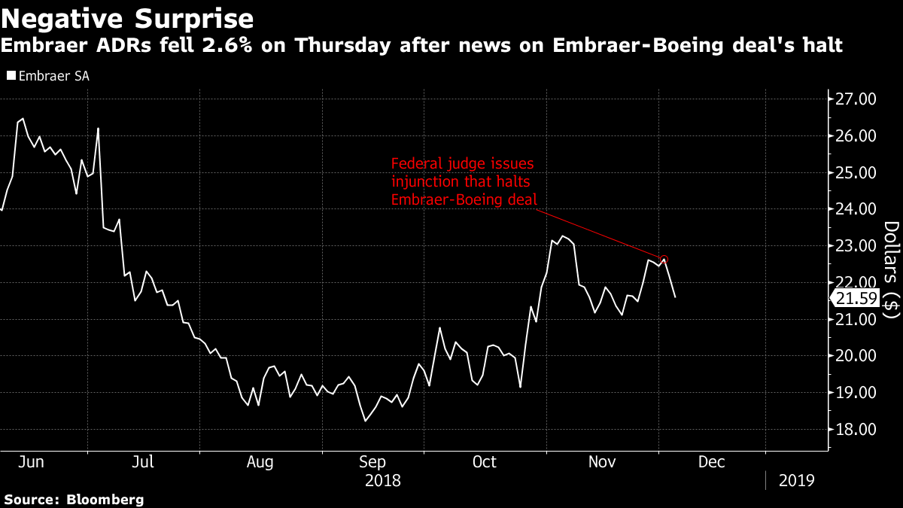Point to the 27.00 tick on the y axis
pos(856,99)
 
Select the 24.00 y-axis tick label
pos(856,209)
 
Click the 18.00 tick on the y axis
pos(856,430)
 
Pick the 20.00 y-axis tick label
pos(856,356)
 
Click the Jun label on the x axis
pos(32,461)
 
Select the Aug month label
pos(260,461)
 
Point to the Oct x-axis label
pos(485,461)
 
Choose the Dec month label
pos(711,461)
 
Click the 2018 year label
pos(383,479)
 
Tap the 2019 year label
pos(795,479)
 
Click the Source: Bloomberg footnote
pos(74,499)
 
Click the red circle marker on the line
pos(664,259)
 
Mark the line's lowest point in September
pos(365,421)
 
